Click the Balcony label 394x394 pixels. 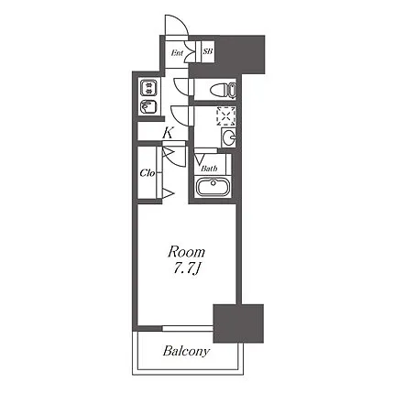click(186, 351)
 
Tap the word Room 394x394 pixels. click(186, 252)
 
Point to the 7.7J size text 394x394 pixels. click(187, 269)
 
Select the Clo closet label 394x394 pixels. click(148, 173)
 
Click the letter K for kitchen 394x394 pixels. click(168, 133)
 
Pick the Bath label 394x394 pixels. click(209, 169)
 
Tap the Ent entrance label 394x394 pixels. click(177, 53)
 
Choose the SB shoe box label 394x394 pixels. click(208, 51)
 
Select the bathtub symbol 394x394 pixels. click(213, 187)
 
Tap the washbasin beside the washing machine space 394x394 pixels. click(229, 137)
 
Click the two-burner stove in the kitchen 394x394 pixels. click(148, 88)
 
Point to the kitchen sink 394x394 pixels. click(148, 106)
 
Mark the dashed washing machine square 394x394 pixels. click(226, 116)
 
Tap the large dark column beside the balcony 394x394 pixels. click(238, 323)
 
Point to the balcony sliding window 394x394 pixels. click(188, 328)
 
